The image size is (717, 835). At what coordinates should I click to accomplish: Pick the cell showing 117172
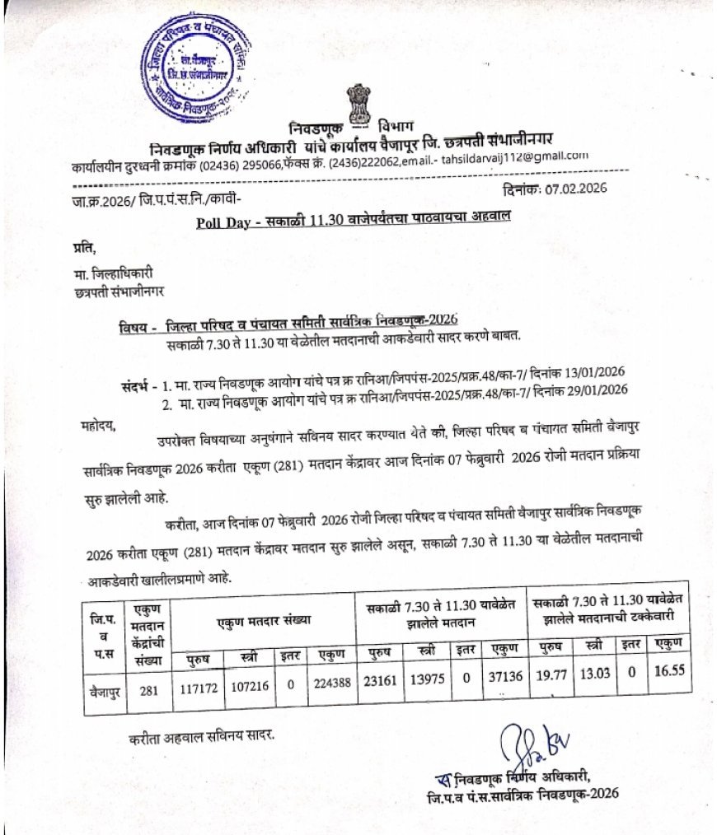199,684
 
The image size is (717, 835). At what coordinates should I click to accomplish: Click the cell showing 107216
250,684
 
